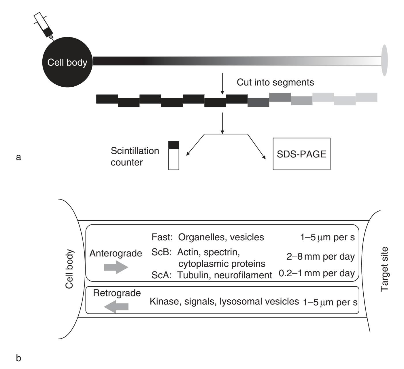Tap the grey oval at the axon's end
(384, 60)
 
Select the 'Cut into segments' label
(275, 83)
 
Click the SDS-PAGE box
(301, 154)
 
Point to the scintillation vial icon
(174, 155)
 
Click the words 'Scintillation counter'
(135, 156)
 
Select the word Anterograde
(116, 253)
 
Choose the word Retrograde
(117, 293)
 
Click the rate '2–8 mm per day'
(320, 256)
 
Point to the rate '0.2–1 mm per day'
(316, 273)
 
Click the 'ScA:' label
(162, 275)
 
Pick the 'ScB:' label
(162, 252)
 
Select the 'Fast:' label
(162, 237)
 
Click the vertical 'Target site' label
(384, 269)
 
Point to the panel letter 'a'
(19, 157)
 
